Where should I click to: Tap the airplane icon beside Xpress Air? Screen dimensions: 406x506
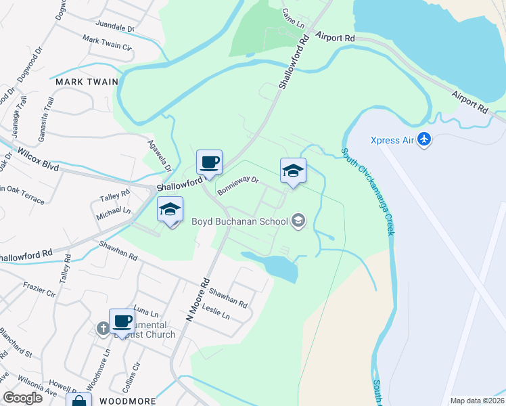424,139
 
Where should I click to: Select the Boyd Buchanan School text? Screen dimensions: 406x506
239,221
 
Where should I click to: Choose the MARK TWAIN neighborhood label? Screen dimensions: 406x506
87,82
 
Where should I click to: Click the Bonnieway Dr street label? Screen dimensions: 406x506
238,185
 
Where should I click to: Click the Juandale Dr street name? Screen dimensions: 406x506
116,29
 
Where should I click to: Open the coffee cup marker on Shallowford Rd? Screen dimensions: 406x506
209,162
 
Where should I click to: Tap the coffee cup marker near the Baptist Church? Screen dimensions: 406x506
122,321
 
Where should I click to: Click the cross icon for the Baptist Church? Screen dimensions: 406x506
103,328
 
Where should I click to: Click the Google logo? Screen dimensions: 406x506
23,398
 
